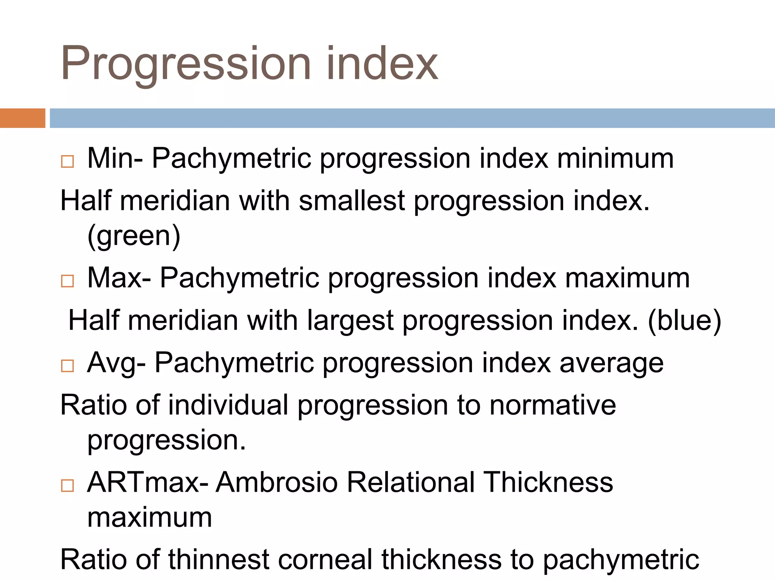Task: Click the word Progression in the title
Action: pos(185,64)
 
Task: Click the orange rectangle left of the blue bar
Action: pos(22,118)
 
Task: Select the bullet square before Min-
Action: pos(67,162)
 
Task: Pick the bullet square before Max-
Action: pos(67,281)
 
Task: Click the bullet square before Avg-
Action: pos(67,366)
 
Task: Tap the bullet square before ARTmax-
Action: pos(67,485)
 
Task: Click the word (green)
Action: pos(134,236)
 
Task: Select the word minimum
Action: pos(615,158)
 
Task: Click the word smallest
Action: pos(352,200)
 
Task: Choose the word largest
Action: pos(350,321)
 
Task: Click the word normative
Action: pos(552,405)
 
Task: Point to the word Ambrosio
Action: pos(277,483)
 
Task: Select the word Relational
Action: pos(411,483)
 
